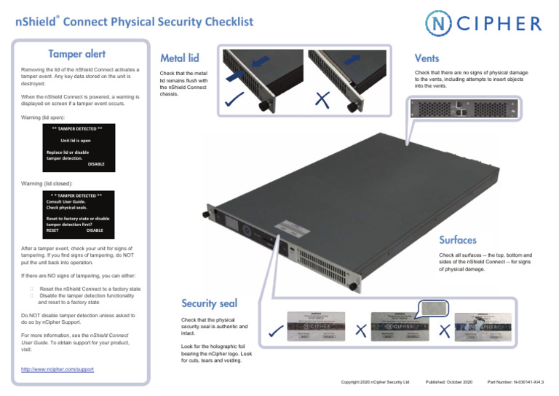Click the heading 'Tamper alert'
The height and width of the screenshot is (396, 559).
[76, 54]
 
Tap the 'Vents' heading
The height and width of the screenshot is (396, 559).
[427, 57]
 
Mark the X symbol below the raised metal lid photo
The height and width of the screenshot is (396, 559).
[320, 101]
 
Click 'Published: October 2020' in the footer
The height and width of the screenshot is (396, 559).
[448, 381]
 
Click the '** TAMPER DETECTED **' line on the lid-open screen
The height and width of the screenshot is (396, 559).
[76, 128]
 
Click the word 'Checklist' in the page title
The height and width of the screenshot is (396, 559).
[218, 21]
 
